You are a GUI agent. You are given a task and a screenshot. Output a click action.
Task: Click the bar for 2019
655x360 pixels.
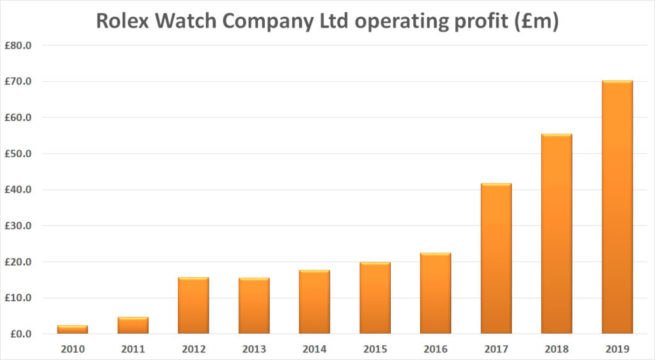click(x=617, y=207)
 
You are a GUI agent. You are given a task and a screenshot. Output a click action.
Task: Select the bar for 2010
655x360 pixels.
click(x=72, y=329)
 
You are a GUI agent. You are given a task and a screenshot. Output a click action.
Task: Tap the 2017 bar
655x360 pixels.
click(x=496, y=258)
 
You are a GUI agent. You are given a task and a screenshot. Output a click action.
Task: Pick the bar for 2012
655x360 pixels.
click(x=193, y=305)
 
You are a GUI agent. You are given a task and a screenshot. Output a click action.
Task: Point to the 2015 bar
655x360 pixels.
click(x=375, y=298)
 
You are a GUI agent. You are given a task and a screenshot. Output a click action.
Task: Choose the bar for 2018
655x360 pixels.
click(x=556, y=233)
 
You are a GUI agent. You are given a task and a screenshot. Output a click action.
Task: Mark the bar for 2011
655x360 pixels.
click(x=133, y=325)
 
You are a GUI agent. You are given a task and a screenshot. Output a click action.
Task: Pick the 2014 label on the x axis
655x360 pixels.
click(x=314, y=349)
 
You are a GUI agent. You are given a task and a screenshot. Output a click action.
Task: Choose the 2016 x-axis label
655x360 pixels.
click(x=435, y=349)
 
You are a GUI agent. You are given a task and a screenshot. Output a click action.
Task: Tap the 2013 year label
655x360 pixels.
click(x=254, y=349)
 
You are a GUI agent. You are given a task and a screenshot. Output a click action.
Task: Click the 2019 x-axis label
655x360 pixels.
click(x=617, y=349)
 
